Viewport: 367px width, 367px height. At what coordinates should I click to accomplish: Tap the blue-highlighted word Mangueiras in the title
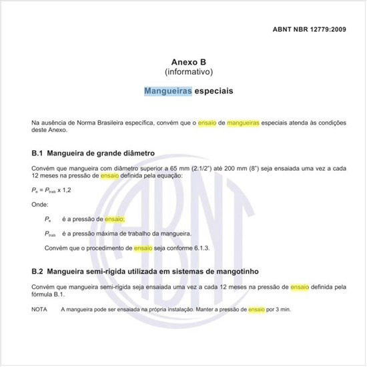tap(168, 90)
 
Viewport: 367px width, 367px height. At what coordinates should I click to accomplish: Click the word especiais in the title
tap(214, 90)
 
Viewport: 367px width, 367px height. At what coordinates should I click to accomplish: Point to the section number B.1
tap(37, 153)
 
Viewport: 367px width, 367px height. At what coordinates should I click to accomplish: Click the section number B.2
tap(37, 272)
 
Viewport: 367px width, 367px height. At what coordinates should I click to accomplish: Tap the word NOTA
tap(40, 310)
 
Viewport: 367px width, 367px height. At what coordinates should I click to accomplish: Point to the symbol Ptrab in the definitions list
tap(49, 234)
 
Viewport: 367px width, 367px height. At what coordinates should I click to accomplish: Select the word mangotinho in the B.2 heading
tap(236, 272)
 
